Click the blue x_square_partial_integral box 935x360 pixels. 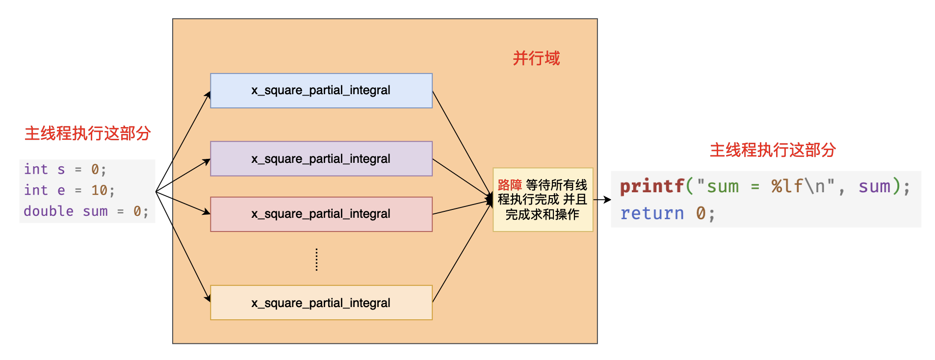(321, 91)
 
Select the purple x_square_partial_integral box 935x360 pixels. (321, 159)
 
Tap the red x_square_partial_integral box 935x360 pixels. (321, 214)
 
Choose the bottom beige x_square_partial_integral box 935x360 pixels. (321, 303)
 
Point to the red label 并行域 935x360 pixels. (536, 58)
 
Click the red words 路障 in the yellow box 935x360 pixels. (510, 185)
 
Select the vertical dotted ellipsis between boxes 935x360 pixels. (316, 259)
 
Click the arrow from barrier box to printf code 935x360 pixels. (602, 200)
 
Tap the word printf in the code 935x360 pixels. (651, 186)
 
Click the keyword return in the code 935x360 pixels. (651, 213)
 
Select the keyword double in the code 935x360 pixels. (49, 211)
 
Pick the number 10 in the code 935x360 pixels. (99, 190)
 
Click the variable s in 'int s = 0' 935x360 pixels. (61, 170)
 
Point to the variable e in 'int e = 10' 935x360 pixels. (61, 190)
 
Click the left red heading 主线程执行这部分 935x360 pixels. (87, 133)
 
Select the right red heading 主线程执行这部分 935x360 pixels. (773, 150)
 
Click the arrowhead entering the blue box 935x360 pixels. (208, 94)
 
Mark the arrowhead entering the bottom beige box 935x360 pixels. (208, 298)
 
